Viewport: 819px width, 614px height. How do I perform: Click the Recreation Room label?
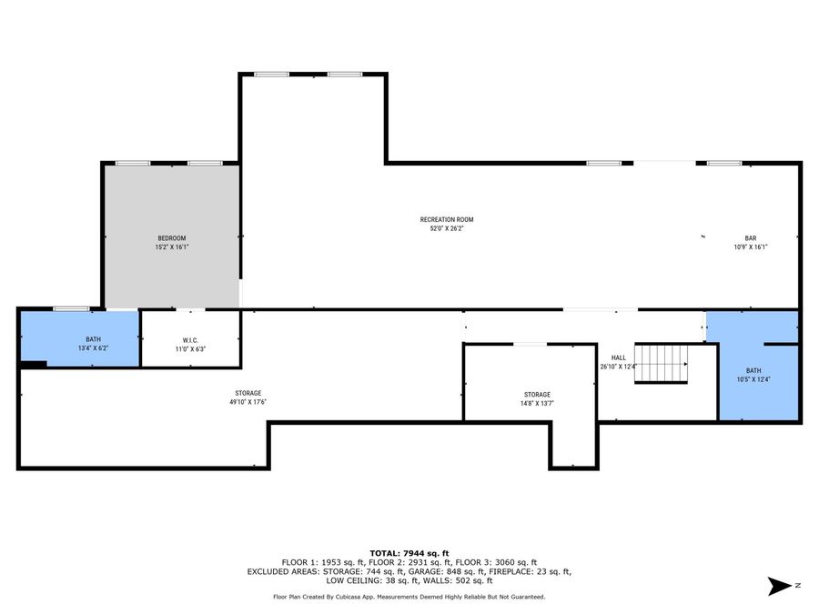pyautogui.click(x=446, y=219)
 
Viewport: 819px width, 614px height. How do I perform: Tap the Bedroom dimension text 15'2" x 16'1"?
pyautogui.click(x=171, y=247)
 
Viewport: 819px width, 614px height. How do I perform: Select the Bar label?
pyautogui.click(x=751, y=238)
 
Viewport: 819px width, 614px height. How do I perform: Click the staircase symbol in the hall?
pyautogui.click(x=662, y=364)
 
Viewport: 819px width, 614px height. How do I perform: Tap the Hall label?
pyautogui.click(x=618, y=358)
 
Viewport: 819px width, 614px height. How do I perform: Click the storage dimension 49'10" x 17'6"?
pyautogui.click(x=248, y=402)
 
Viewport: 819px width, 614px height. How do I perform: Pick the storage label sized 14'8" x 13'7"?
pyautogui.click(x=536, y=395)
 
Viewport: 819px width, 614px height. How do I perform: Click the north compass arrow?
pyautogui.click(x=780, y=586)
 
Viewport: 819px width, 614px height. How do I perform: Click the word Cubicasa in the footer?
pyautogui.click(x=362, y=597)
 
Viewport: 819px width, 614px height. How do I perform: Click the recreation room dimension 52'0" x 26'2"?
pyautogui.click(x=446, y=228)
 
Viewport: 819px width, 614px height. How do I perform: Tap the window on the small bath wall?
pyautogui.click(x=71, y=309)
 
